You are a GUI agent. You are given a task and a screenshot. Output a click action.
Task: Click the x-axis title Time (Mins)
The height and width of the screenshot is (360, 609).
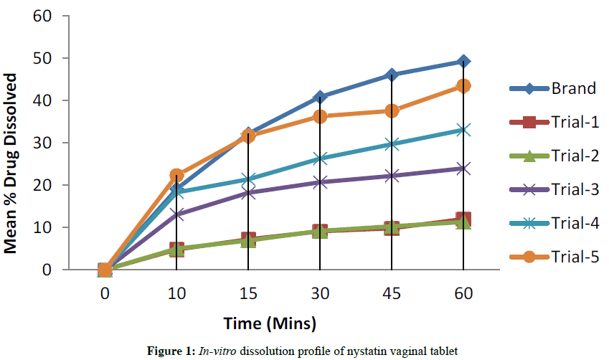pyautogui.click(x=270, y=323)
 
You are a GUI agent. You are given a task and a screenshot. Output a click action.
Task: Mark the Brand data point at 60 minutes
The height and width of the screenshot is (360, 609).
pyautogui.click(x=463, y=62)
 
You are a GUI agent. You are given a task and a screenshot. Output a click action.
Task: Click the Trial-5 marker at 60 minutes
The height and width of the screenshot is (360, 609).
pyautogui.click(x=463, y=86)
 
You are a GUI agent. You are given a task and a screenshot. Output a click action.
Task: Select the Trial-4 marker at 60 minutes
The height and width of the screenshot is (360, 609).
pyautogui.click(x=463, y=130)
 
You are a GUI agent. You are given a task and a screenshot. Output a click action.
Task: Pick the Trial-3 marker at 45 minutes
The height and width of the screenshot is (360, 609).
pyautogui.click(x=392, y=176)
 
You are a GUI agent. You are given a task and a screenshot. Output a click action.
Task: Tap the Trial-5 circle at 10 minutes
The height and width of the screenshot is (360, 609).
pyautogui.click(x=177, y=175)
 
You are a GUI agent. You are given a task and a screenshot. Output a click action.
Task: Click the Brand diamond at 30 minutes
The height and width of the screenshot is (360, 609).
pyautogui.click(x=320, y=97)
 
